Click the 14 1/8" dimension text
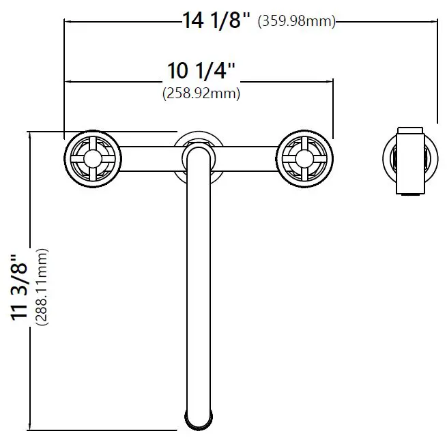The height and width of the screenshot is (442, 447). click(212, 20)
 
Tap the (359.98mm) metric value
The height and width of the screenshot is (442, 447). click(296, 22)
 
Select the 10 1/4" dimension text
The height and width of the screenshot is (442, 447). click(203, 71)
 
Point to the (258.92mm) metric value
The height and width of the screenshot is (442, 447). click(201, 94)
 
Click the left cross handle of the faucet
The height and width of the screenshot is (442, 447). click(93, 159)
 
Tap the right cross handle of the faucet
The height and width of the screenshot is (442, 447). click(304, 159)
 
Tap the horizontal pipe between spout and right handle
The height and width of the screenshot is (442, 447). click(248, 159)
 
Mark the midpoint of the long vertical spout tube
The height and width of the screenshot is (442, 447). click(198, 286)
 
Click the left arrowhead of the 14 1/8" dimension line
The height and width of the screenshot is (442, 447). click(68, 21)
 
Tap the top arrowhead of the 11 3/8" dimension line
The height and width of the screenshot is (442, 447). click(30, 134)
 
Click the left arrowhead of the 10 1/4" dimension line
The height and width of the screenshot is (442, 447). click(68, 82)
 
